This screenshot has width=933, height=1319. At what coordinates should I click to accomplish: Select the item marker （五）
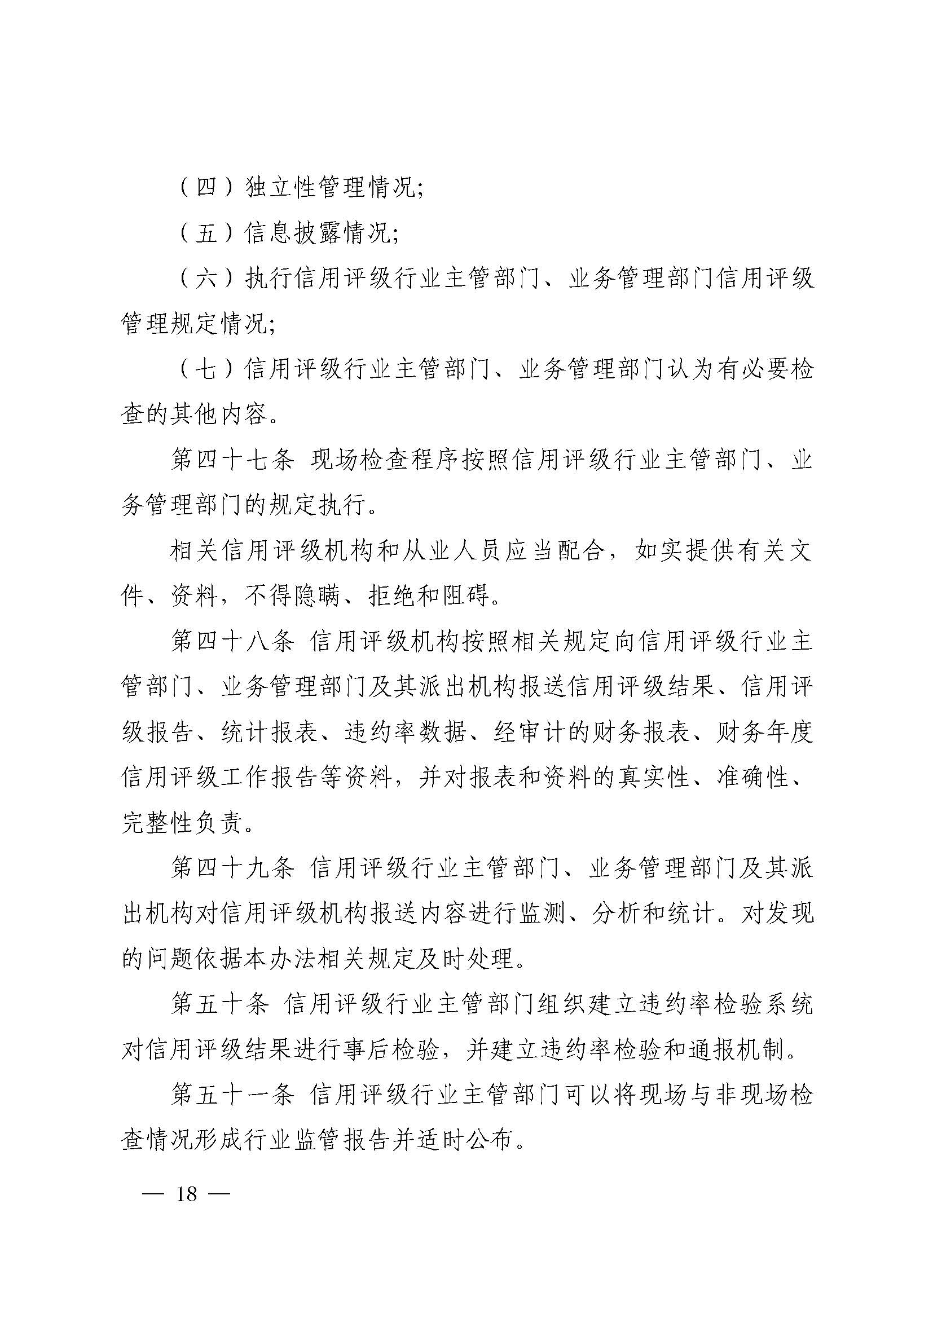(x=206, y=233)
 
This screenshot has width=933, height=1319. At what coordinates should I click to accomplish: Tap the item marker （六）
(x=206, y=279)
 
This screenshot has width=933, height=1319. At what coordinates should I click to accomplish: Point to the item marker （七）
(x=206, y=369)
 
